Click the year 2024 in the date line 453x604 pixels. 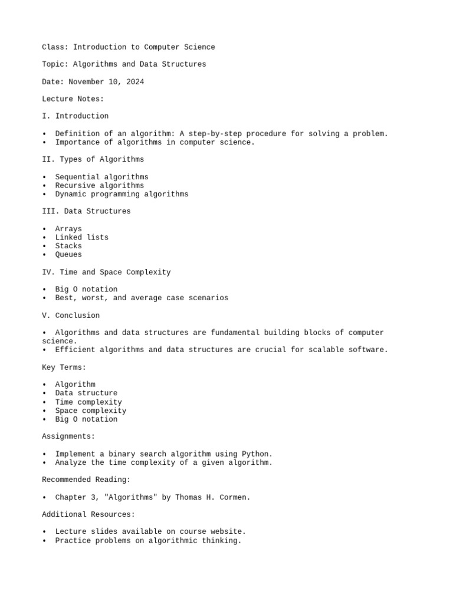pyautogui.click(x=135, y=82)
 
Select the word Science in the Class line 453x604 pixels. pyautogui.click(x=199, y=47)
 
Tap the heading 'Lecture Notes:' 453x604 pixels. pyautogui.click(x=73, y=99)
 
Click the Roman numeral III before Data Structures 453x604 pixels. pyautogui.click(x=48, y=211)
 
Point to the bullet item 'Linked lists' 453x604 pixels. pyautogui.click(x=81, y=237)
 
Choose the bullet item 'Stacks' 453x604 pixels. pyautogui.click(x=68, y=246)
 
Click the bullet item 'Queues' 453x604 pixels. pyautogui.click(x=68, y=255)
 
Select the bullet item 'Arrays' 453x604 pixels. pyautogui.click(x=68, y=229)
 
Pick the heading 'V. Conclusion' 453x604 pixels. pyautogui.click(x=71, y=316)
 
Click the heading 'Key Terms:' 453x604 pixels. pyautogui.click(x=64, y=367)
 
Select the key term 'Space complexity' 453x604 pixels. pyautogui.click(x=90, y=411)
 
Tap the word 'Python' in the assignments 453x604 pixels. pyautogui.click(x=257, y=454)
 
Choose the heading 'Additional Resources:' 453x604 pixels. pyautogui.click(x=88, y=515)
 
